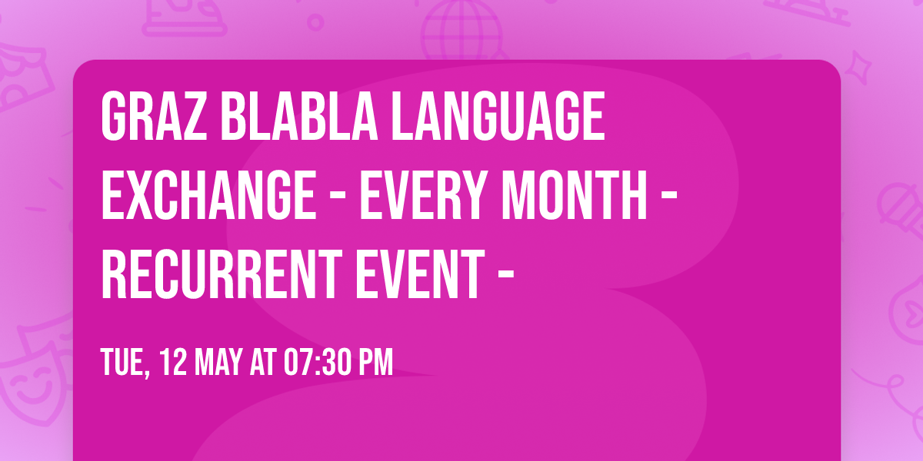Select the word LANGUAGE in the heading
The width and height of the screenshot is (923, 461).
498,117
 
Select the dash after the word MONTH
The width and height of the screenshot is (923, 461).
668,197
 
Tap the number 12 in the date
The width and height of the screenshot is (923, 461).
174,361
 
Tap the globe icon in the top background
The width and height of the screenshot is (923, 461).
460,31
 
